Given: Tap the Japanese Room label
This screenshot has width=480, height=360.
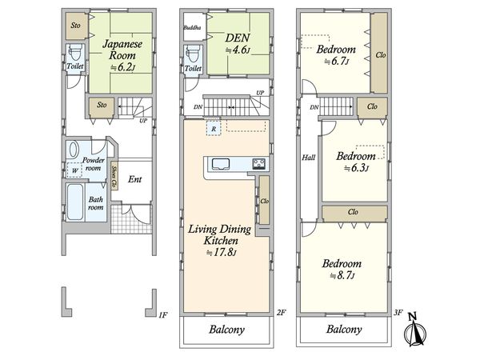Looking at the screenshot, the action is pyautogui.click(x=122, y=50).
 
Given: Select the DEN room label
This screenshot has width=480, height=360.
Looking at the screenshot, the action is pyautogui.click(x=238, y=38).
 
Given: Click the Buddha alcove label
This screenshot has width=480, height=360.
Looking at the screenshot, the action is pyautogui.click(x=192, y=27).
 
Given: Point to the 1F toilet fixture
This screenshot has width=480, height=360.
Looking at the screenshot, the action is pyautogui.click(x=75, y=53).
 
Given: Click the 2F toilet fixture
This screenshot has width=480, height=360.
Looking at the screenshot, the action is pyautogui.click(x=193, y=54).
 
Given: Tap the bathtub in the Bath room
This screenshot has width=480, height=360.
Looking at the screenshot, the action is pyautogui.click(x=75, y=202).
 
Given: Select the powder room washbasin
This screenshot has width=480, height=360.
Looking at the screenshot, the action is pyautogui.click(x=74, y=150).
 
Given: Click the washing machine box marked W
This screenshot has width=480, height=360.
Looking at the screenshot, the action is pyautogui.click(x=74, y=170).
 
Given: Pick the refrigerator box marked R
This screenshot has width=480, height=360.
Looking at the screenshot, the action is pyautogui.click(x=214, y=129).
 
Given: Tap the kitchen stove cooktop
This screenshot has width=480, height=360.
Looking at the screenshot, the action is pyautogui.click(x=258, y=164).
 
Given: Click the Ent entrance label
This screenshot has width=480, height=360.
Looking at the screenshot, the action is pyautogui.click(x=135, y=179).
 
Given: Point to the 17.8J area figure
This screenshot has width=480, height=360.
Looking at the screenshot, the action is pyautogui.click(x=221, y=253).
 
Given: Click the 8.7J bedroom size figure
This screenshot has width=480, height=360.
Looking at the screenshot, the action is pyautogui.click(x=342, y=276).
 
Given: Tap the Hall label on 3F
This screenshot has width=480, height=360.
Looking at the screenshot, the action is pyautogui.click(x=309, y=158).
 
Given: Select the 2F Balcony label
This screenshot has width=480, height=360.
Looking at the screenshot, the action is pyautogui.click(x=227, y=330).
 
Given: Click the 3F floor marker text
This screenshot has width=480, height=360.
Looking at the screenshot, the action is pyautogui.click(x=398, y=313).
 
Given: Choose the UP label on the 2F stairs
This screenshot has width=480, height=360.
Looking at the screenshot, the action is pyautogui.click(x=260, y=93).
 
